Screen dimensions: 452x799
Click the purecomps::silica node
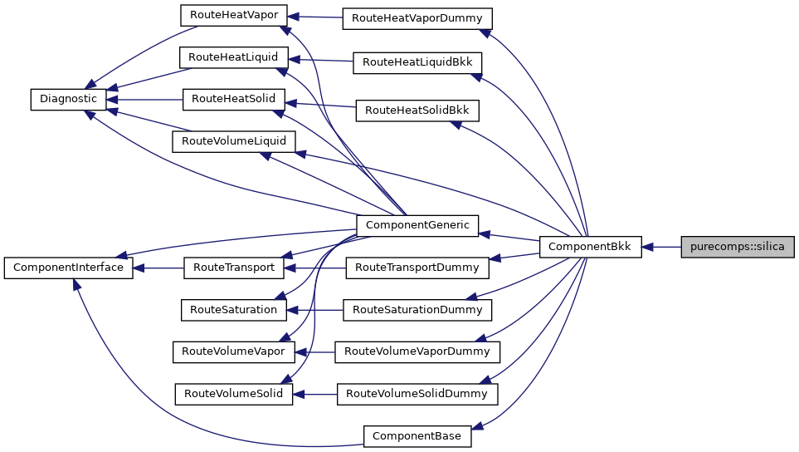tap(738, 247)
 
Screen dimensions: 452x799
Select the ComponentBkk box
tap(590, 247)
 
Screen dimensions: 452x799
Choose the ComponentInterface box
tap(68, 268)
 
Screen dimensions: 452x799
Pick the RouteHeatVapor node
tap(234, 14)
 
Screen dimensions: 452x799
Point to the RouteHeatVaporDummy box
tap(418, 17)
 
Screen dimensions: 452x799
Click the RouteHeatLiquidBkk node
tap(417, 62)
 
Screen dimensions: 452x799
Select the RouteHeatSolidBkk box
tap(417, 110)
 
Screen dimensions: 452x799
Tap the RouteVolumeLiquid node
tap(233, 141)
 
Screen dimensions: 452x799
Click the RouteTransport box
tap(233, 268)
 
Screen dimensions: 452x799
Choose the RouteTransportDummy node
tap(417, 268)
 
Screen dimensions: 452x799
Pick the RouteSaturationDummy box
tap(417, 310)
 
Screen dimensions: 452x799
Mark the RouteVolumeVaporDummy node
tap(417, 351)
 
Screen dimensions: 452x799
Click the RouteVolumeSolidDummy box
tap(417, 393)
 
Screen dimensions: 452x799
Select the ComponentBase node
tap(417, 435)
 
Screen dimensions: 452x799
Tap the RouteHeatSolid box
tap(234, 99)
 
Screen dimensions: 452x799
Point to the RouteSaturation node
tap(233, 309)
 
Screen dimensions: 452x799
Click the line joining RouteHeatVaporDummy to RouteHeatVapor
tap(315, 17)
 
